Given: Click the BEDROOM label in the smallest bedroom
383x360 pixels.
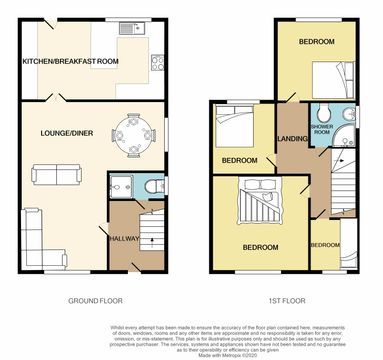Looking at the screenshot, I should click(324, 245).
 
